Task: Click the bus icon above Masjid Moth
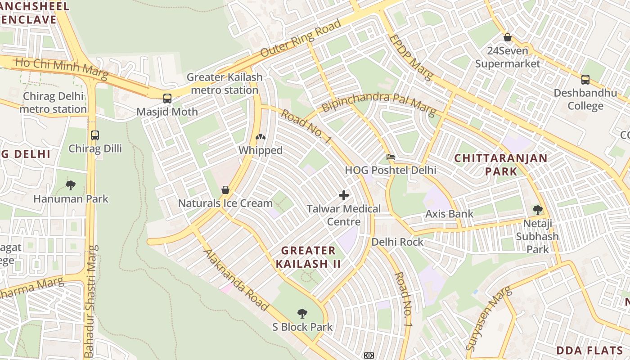coord(167,98)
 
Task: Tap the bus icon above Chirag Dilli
coord(95,135)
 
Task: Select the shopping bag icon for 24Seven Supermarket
coord(508,37)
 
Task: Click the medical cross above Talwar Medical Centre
coord(344,195)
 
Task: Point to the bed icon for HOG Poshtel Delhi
coord(391,157)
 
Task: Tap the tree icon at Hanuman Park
coord(71,185)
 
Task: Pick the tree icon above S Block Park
coord(302,313)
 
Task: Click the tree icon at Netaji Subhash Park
coord(537,210)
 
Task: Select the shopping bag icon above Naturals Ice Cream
coord(225,190)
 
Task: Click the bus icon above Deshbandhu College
coord(585,80)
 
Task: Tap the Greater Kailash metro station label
coord(224,84)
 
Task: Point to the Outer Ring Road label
coord(301,38)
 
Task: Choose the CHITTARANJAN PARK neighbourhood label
coord(500,165)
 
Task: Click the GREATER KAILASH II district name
coord(308,257)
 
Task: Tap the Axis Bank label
coord(449,214)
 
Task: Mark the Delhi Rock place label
coord(397,242)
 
